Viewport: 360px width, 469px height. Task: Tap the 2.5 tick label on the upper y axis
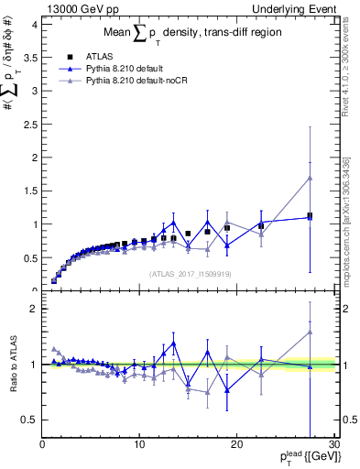pos(28,125)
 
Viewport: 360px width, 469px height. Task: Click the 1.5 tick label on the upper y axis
pos(28,191)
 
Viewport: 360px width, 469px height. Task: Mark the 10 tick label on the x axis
pos(139,445)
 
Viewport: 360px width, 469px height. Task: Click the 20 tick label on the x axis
pos(236,445)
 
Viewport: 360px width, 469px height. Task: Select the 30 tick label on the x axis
pos(333,445)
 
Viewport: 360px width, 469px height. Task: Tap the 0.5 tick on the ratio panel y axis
pos(28,420)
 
